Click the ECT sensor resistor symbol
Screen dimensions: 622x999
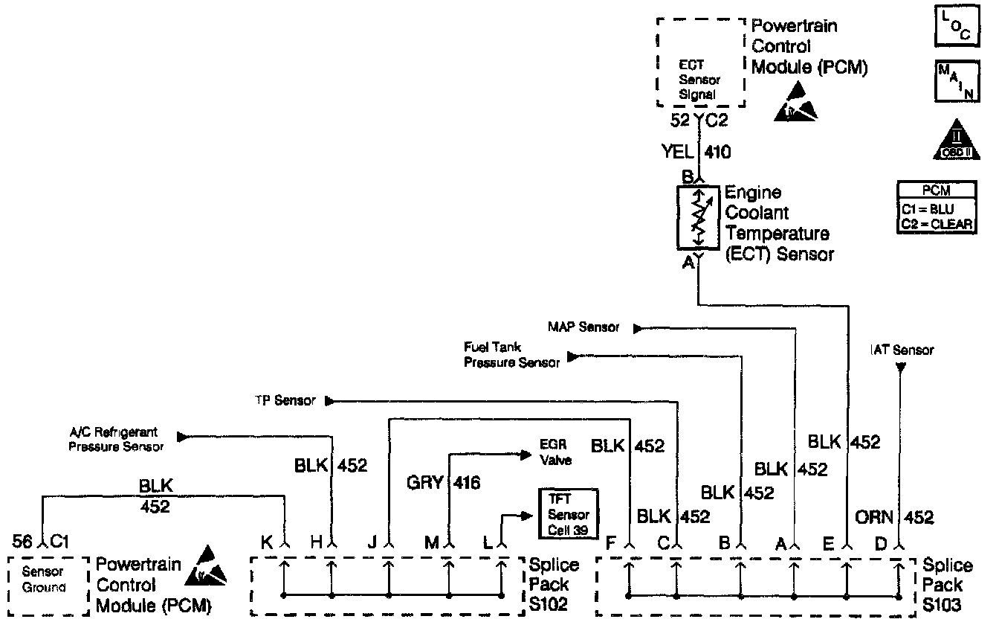pyautogui.click(x=698, y=217)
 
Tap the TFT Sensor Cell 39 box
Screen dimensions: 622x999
pyautogui.click(x=569, y=513)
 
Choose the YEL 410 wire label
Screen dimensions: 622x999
pyautogui.click(x=696, y=153)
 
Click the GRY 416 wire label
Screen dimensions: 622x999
pyautogui.click(x=443, y=484)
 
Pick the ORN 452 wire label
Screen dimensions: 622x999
pyautogui.click(x=899, y=518)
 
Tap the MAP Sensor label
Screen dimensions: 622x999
pyautogui.click(x=583, y=327)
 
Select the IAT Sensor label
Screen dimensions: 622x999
pyautogui.click(x=902, y=350)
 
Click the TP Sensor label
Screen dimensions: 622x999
pyautogui.click(x=285, y=401)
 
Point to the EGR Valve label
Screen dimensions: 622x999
pyautogui.click(x=555, y=454)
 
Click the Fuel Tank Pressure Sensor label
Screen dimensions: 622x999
pyautogui.click(x=511, y=355)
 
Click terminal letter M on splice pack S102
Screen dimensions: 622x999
pyautogui.click(x=431, y=543)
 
